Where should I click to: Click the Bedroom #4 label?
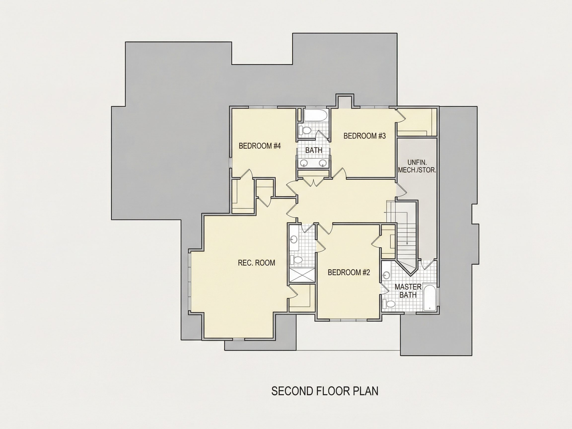[260, 146]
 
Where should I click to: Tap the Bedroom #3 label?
[365, 136]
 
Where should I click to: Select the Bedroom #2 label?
[349, 272]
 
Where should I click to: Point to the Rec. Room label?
[256, 263]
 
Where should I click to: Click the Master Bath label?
[408, 291]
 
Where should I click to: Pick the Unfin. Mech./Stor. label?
[417, 166]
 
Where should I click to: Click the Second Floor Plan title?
[325, 391]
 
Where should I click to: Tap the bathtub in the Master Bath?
[430, 298]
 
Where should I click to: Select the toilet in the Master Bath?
[389, 304]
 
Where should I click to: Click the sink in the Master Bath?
[387, 275]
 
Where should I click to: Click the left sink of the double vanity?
[304, 163]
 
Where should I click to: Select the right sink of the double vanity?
[322, 163]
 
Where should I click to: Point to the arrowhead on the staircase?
[407, 243]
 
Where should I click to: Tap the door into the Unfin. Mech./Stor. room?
[401, 191]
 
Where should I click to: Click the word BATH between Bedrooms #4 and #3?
[314, 150]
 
